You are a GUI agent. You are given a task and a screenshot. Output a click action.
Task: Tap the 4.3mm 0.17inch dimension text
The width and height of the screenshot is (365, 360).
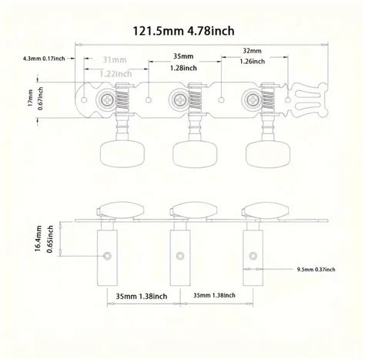[42, 59]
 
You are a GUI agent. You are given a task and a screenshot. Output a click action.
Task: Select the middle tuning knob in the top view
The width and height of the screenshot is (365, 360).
[185, 153]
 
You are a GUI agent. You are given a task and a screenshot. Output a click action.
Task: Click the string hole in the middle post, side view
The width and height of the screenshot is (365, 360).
[179, 255]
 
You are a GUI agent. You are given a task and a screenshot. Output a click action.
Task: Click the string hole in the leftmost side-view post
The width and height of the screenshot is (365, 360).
[109, 255]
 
